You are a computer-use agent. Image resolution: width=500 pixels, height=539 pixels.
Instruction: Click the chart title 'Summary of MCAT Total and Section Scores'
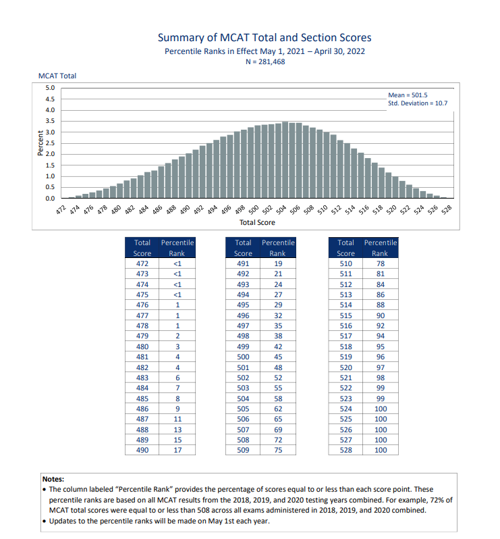pos(264,38)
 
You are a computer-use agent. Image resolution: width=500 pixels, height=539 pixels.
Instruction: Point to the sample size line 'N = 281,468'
pos(264,62)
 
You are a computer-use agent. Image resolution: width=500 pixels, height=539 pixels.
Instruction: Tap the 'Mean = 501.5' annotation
pos(408,95)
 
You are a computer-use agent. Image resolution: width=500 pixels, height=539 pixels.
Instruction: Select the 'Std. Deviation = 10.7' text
pos(418,103)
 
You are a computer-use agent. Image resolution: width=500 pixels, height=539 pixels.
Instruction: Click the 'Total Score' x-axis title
pos(257,222)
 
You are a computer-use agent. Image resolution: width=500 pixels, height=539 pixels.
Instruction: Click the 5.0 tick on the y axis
pos(50,88)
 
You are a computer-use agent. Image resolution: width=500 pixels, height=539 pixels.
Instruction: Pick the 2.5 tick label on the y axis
pos(50,143)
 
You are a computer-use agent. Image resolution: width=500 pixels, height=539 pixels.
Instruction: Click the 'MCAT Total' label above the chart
pos(57,76)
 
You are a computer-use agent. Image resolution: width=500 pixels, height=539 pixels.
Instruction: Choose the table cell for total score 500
pos(243,357)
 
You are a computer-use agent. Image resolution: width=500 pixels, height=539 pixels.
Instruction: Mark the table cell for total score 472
pos(142,263)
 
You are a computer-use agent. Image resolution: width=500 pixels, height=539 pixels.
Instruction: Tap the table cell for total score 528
pos(345,449)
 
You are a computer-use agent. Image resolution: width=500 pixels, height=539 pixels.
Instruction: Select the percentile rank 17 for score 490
pos(177,449)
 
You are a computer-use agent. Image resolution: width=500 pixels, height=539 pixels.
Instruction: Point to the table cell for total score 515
pos(345,315)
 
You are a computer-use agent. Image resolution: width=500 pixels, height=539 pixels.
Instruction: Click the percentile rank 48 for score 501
pos(277,367)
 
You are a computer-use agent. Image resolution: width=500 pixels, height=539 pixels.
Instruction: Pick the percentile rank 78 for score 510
pos(380,263)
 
